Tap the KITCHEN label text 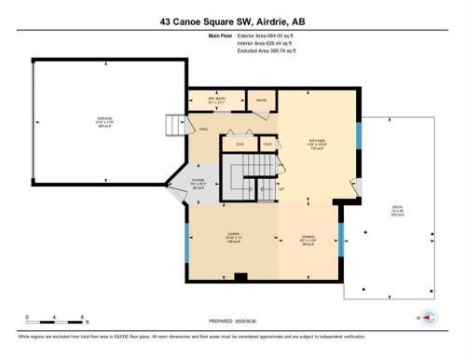(x=316, y=142)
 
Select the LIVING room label (x=234, y=235)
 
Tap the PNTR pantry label (x=262, y=101)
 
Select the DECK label (x=398, y=211)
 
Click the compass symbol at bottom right (x=430, y=318)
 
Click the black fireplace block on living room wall (x=239, y=275)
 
